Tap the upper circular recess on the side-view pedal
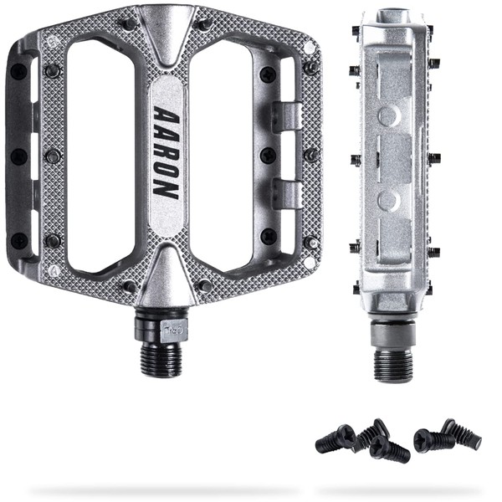click(x=388, y=115)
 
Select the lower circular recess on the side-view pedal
click(x=388, y=201)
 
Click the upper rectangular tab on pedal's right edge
click(x=286, y=116)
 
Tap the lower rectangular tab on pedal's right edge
click(x=286, y=194)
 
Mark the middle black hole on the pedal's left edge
click(x=18, y=156)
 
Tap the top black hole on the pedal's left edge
click(x=18, y=72)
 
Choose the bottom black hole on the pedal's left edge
click(x=18, y=241)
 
